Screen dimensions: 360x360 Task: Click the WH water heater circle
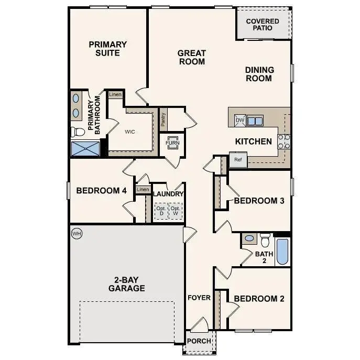coord(77,233)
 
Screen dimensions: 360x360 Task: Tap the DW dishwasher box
coord(240,121)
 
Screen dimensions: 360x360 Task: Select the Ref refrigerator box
coord(238,160)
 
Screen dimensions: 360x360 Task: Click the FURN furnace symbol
coord(172,143)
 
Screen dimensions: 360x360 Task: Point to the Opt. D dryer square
coord(161,211)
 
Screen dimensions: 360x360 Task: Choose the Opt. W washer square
coord(176,211)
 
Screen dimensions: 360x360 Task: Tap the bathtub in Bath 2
coord(282,252)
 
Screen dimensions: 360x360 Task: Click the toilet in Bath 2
coord(265,241)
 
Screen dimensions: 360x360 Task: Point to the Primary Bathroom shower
coord(85,148)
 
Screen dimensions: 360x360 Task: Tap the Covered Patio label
coord(263,24)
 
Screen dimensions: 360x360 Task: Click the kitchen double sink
coord(256,121)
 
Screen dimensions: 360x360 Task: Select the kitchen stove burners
coord(283,141)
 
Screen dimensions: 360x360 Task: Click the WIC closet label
coord(130,132)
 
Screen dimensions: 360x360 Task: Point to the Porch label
coord(199,341)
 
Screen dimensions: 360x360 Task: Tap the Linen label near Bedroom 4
coord(143,190)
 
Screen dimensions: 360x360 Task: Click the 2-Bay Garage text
coord(126,283)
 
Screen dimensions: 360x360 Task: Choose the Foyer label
coord(199,298)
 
